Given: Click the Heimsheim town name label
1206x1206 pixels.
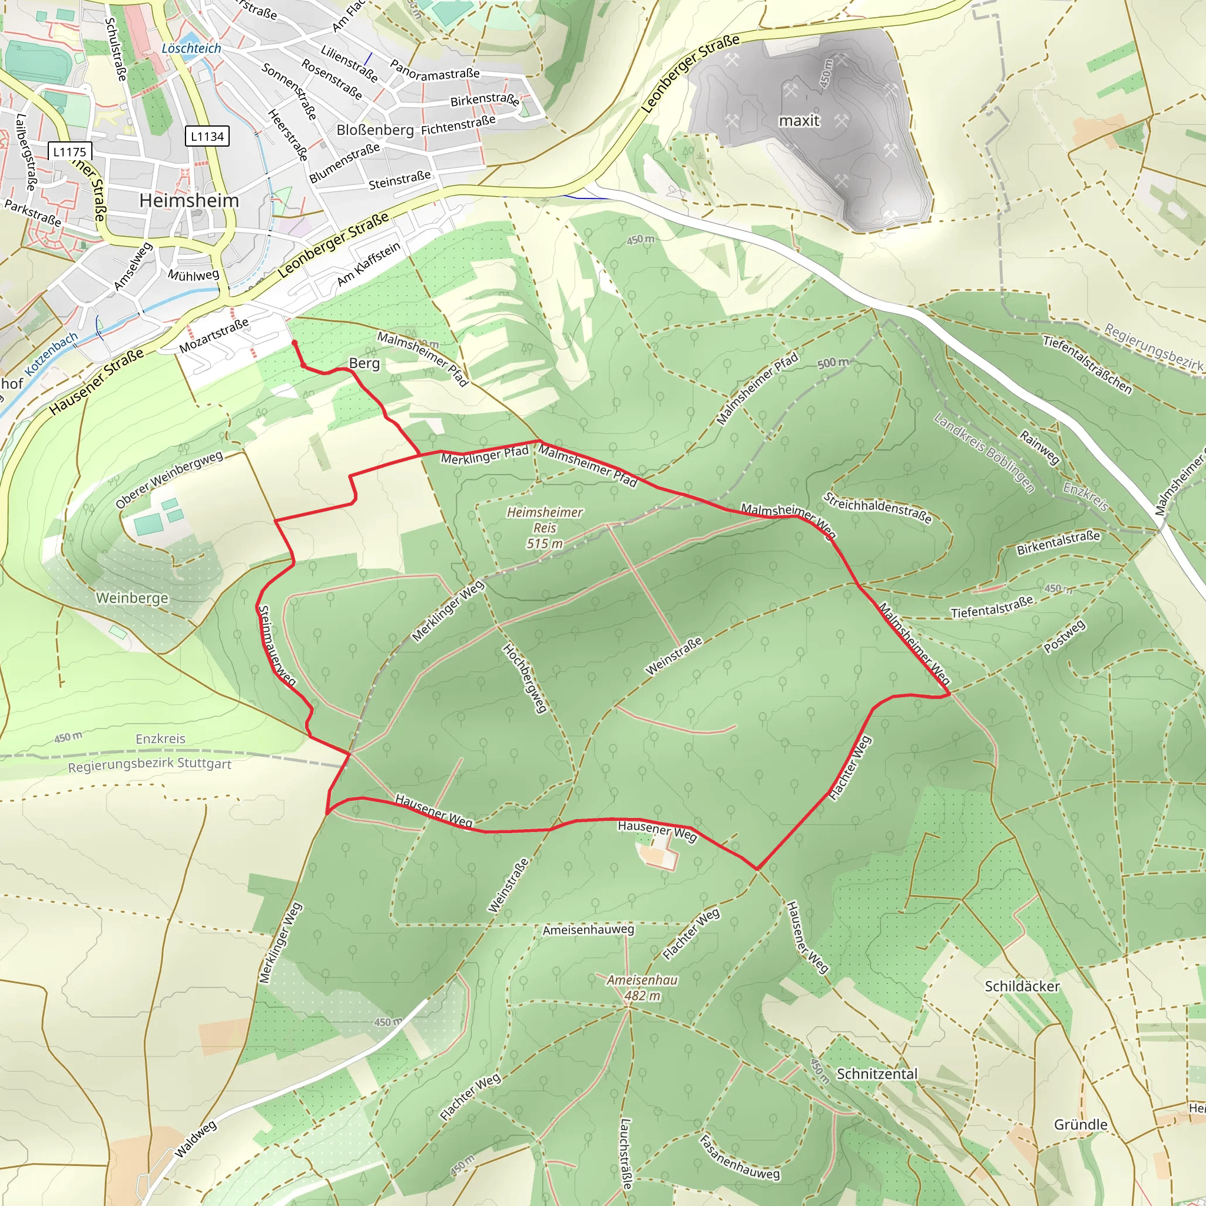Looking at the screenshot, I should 189,200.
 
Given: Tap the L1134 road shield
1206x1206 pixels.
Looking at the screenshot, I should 207,136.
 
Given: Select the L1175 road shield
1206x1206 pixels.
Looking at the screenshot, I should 69,152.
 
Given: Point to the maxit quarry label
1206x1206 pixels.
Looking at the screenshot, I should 799,121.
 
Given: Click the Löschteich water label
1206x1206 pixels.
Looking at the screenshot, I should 191,49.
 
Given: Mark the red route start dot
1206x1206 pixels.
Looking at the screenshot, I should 294,343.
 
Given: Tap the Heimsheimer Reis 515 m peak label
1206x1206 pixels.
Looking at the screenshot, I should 544,528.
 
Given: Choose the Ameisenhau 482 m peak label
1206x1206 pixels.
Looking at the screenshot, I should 642,988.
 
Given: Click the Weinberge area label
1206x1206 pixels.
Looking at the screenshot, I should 132,598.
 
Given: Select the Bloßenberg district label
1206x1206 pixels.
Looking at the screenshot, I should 375,130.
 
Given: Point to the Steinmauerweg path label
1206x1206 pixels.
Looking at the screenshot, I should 277,647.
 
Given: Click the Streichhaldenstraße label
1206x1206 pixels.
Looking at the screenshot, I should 877,508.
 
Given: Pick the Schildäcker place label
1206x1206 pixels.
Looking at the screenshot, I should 1022,986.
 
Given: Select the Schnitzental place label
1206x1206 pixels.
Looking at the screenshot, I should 876,1074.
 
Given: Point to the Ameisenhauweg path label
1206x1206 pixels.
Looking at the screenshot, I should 588,929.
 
